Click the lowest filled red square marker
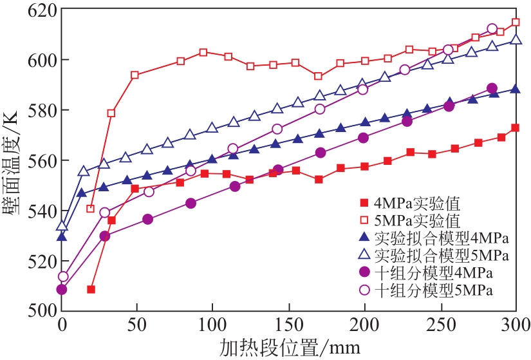91,289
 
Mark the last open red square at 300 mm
516,23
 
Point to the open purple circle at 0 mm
62,277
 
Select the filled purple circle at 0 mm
62,290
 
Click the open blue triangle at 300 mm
516,40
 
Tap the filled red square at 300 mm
516,128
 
